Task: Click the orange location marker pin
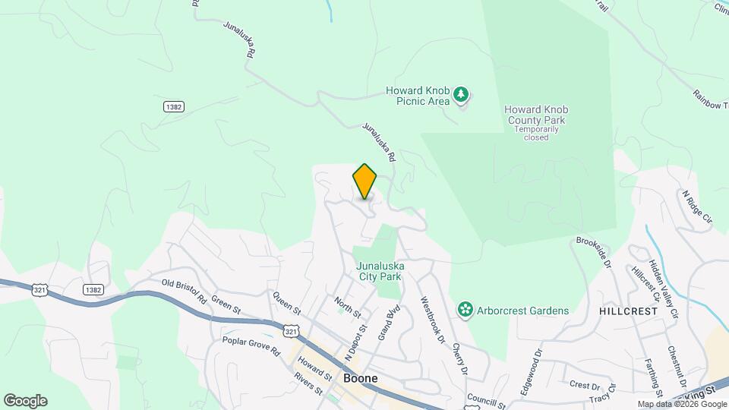click(364, 181)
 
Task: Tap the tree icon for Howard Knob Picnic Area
click(461, 96)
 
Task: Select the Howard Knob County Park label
click(536, 115)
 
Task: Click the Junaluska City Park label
click(380, 271)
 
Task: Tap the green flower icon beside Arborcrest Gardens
click(464, 310)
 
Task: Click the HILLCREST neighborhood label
click(626, 311)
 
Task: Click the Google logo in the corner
click(25, 400)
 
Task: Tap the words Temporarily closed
click(536, 134)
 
